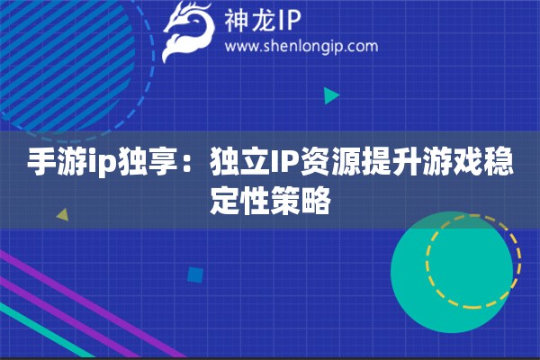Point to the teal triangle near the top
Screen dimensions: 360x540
pyautogui.click(x=331, y=94)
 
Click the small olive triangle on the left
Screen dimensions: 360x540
pyautogui.click(x=62, y=215)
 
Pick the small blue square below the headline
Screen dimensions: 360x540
pyautogui.click(x=195, y=274)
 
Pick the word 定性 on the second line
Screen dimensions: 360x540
pyautogui.click(x=239, y=198)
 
